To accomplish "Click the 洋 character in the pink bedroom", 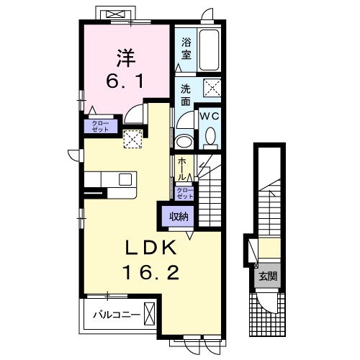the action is coord(126,58).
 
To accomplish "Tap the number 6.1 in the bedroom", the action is coord(125,81).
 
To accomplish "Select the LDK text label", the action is coord(151,248).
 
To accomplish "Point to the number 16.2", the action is coord(151,273).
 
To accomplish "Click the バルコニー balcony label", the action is coord(117,315).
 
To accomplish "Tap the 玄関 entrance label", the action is coord(268,276).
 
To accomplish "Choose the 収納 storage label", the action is coord(179,217).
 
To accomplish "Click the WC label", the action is coord(210,117).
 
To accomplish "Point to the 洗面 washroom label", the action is coord(186,95).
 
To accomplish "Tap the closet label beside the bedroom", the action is coord(101,126).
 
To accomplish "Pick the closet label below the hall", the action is coord(184,194).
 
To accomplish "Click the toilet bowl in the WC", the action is coord(211,136).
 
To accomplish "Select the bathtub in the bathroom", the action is coord(210,50).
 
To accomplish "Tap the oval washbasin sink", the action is coord(184,142).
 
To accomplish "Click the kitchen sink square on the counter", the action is coord(125,179).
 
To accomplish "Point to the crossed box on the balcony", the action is coord(149,314).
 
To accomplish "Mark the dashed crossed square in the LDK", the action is coord(132,139).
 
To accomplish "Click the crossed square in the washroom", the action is coord(212,88).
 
